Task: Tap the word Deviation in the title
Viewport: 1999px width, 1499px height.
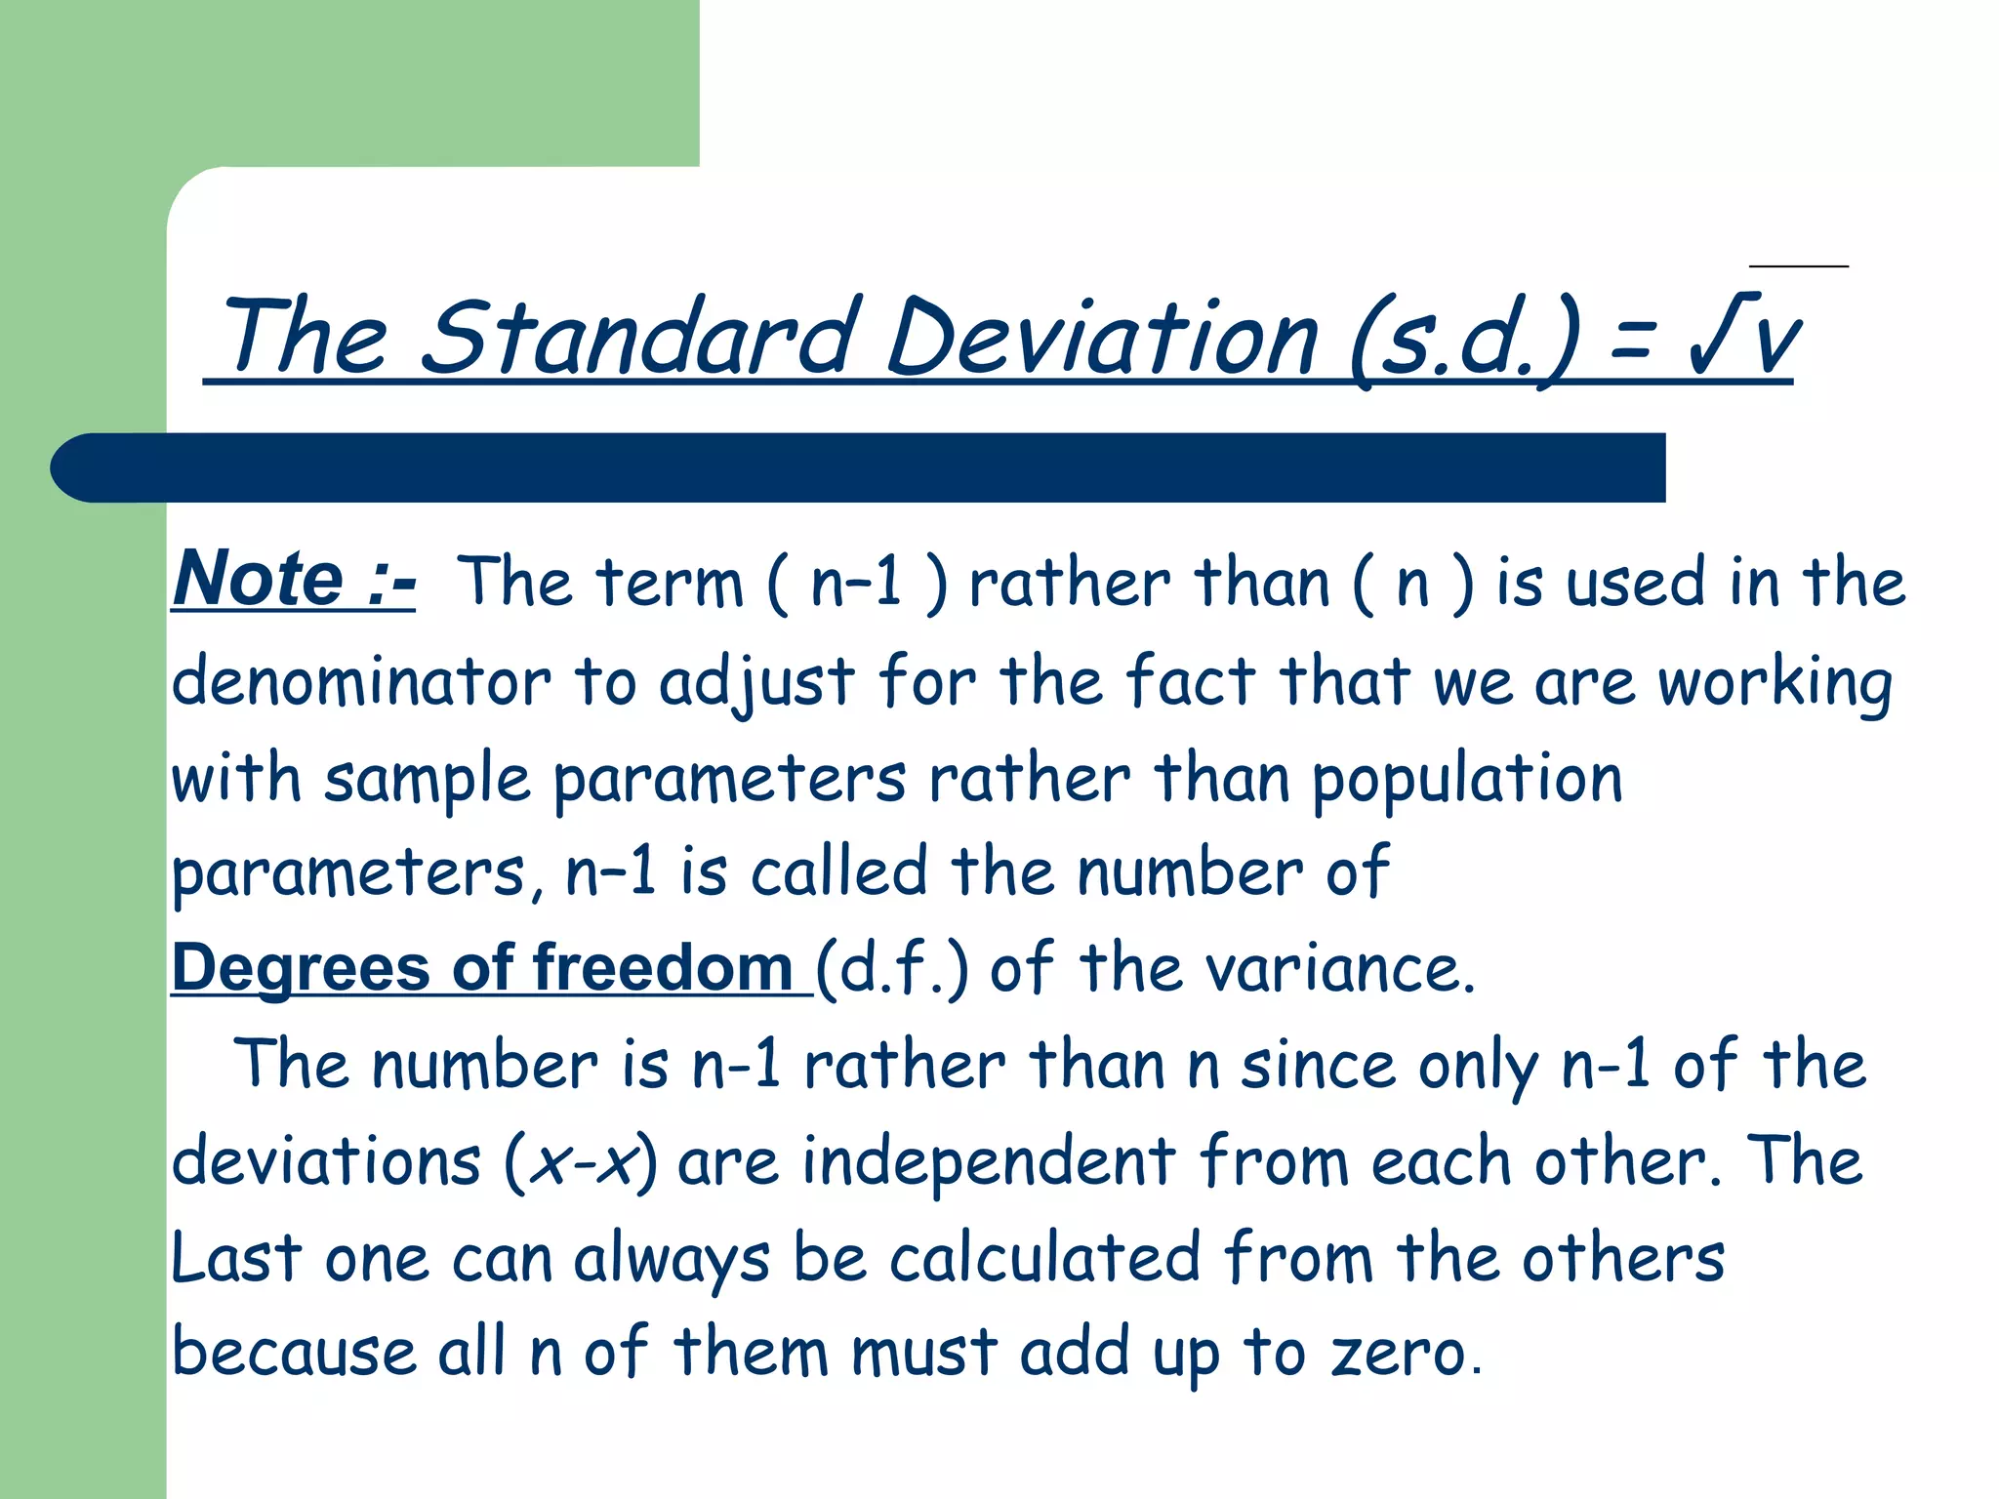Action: [1103, 337]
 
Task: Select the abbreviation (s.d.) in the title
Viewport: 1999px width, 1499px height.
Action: [1464, 340]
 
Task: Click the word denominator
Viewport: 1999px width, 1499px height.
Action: [361, 681]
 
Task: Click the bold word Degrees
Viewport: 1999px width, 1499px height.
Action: [301, 968]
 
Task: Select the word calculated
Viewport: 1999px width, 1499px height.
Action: [1044, 1259]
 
